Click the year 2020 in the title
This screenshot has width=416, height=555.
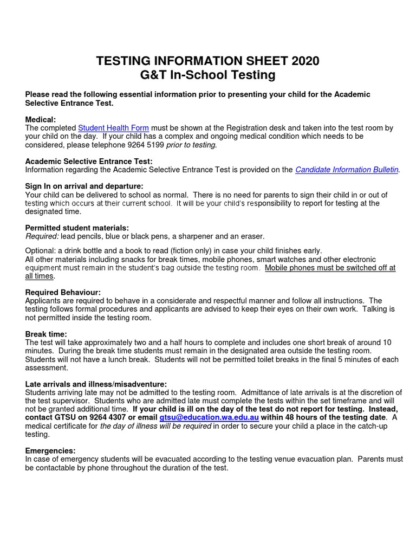click(x=305, y=61)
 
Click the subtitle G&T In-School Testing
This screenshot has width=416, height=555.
click(x=207, y=75)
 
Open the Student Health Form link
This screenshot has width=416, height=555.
click(x=113, y=128)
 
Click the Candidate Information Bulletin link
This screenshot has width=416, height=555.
click(x=347, y=170)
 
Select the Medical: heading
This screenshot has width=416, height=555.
click(x=41, y=119)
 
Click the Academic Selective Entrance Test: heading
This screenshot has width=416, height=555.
click(x=89, y=161)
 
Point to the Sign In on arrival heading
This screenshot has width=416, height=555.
click(x=84, y=186)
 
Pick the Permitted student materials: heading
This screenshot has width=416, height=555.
click(x=77, y=228)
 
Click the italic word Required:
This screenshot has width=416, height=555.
click(x=41, y=236)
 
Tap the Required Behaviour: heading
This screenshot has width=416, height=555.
click(x=63, y=292)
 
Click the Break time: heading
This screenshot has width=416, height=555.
click(x=46, y=334)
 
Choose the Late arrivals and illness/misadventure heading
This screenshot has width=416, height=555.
click(x=96, y=384)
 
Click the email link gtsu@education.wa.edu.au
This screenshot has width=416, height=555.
click(x=209, y=417)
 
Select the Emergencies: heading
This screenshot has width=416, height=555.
click(x=50, y=450)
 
